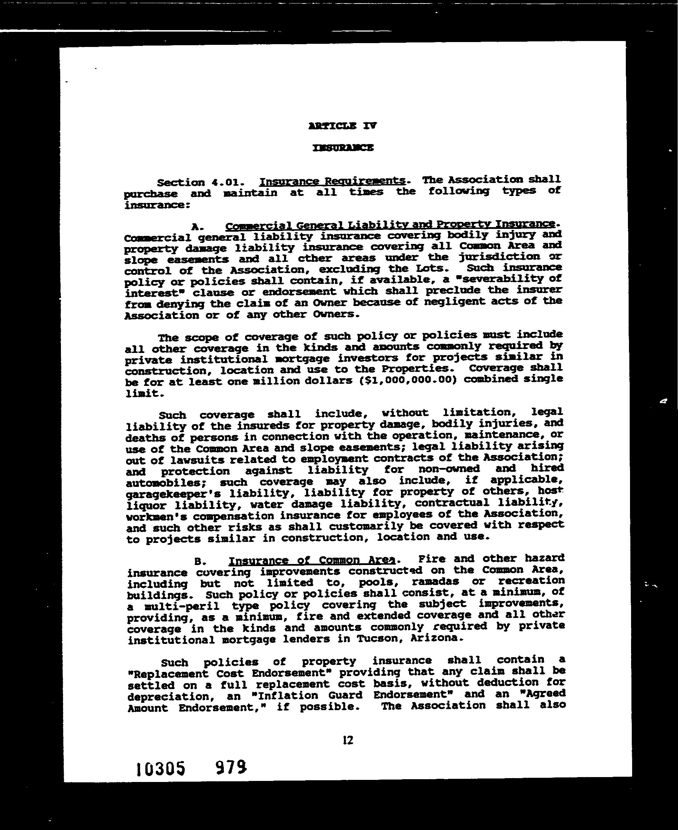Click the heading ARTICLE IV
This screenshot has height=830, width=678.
pos(343,126)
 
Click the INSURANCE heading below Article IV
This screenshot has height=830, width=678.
pos(343,148)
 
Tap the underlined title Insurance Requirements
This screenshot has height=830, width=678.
pos(332,181)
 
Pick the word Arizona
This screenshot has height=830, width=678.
pos(437,638)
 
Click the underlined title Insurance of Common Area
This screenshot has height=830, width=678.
pos(312,560)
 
